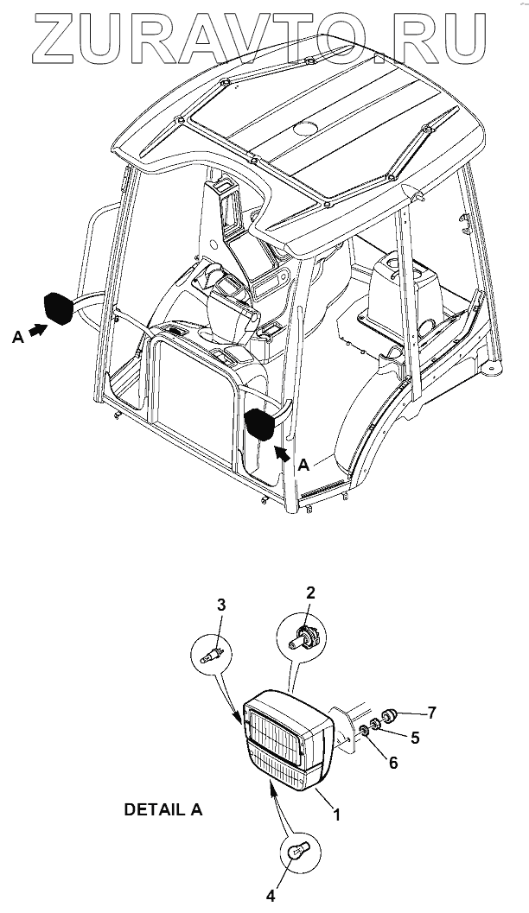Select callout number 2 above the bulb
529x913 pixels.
[x=310, y=592]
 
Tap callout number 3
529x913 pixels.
[x=221, y=605]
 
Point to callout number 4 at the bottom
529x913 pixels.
[x=271, y=897]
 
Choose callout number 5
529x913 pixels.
[x=416, y=738]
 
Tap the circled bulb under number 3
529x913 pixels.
[x=214, y=654]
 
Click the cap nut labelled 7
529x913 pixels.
[x=387, y=715]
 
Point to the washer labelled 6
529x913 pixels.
[x=365, y=732]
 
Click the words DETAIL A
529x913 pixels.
[x=164, y=810]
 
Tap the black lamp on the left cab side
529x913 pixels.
[x=58, y=308]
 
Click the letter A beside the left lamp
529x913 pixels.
[x=16, y=339]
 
